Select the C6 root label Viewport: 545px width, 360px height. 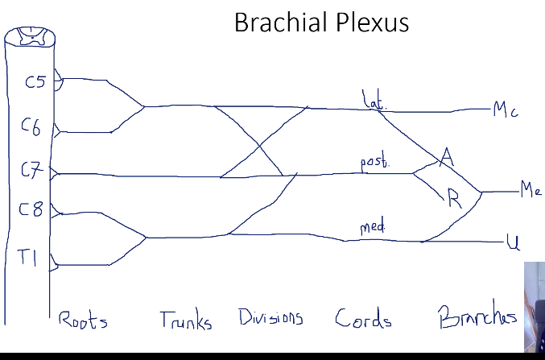(x=31, y=126)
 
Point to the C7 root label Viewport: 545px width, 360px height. (x=31, y=170)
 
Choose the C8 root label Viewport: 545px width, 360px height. (x=30, y=212)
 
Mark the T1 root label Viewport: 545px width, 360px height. (x=29, y=258)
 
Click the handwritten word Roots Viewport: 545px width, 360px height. (x=82, y=320)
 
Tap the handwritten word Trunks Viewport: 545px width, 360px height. (x=186, y=321)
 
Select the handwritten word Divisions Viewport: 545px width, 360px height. (x=270, y=317)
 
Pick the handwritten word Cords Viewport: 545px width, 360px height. (x=363, y=319)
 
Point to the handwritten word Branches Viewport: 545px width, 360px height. (x=477, y=318)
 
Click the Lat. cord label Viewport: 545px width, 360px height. (x=374, y=101)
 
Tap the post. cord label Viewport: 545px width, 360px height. (x=374, y=163)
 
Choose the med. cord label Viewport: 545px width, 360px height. (x=372, y=228)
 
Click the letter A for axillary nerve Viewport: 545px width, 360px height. (x=448, y=159)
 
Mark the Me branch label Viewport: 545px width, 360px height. (x=531, y=191)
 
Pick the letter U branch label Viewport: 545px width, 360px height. (x=512, y=241)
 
